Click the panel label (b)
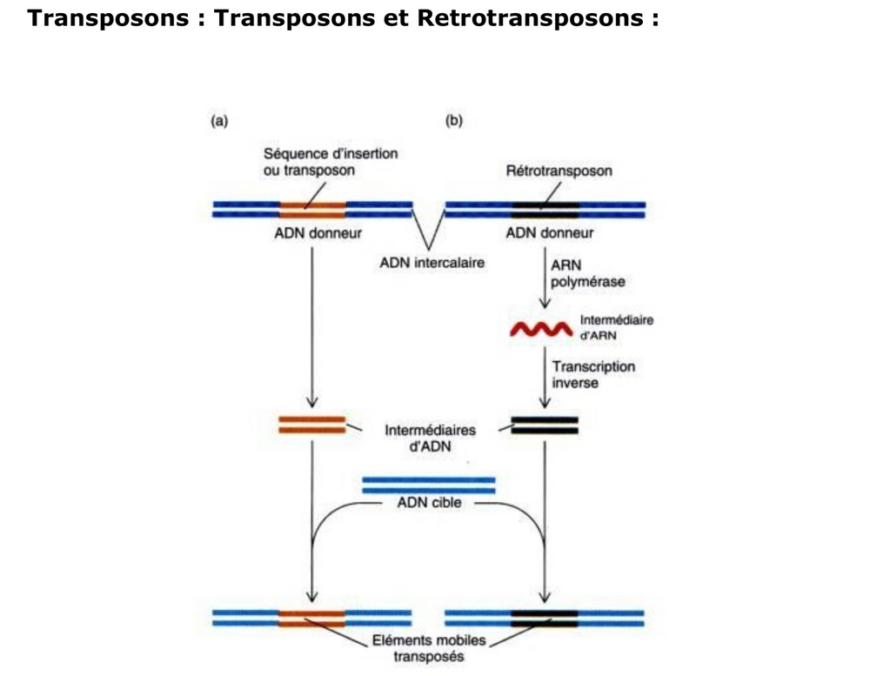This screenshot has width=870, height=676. point(453,121)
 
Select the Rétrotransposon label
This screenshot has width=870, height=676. point(559,171)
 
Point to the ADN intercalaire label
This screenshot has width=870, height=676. point(432,261)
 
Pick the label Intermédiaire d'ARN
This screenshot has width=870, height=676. point(616,327)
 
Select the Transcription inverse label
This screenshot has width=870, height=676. point(593,375)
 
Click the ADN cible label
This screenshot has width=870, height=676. point(429,503)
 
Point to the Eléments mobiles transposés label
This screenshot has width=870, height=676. point(428,648)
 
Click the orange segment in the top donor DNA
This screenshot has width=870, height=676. point(312,210)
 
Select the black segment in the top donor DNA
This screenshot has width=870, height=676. point(545,210)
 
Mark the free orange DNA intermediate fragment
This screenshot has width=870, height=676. point(311,425)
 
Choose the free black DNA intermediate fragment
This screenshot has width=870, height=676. point(545,425)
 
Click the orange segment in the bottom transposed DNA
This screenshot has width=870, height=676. point(312,618)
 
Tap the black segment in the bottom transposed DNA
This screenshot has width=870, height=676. point(545,618)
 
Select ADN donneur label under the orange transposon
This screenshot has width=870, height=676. point(312,233)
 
